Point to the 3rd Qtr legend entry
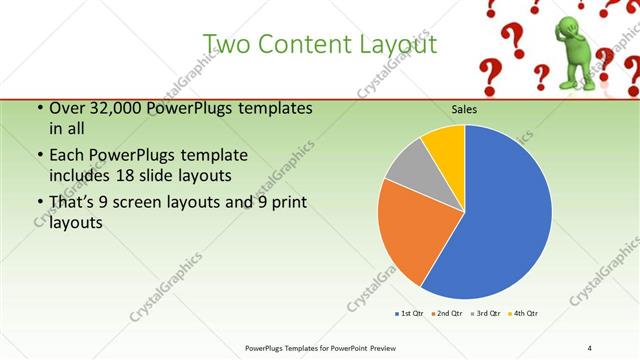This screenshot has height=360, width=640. click(488, 314)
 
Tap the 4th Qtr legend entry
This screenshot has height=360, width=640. click(526, 314)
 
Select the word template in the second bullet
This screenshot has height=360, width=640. click(214, 156)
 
